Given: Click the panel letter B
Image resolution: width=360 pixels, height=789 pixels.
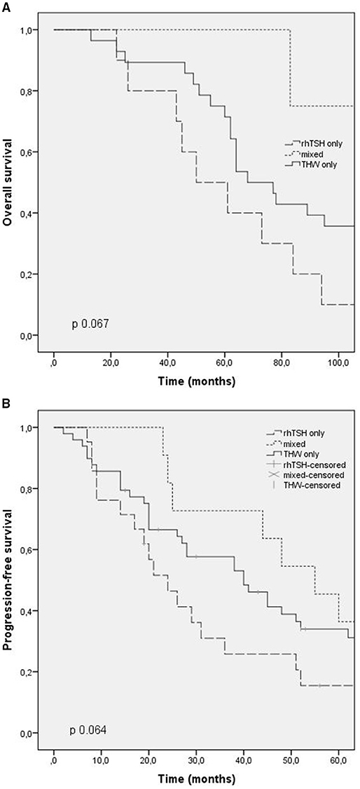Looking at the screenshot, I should (6, 404).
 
